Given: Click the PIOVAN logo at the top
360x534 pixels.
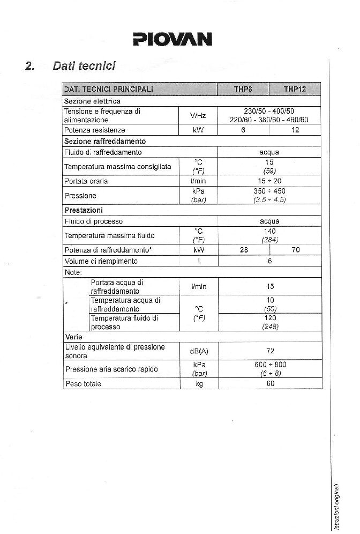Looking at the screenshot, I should click(172, 39).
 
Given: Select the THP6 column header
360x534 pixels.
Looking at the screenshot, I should click(243, 89).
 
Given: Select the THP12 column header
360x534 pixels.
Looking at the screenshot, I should click(295, 89).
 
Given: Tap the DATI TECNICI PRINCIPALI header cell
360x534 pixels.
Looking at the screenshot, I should click(108, 89).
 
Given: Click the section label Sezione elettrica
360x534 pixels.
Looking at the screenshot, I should click(92, 101).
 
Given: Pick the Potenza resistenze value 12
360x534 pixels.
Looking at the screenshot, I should click(295, 130).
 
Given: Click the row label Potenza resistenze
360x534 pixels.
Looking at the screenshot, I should click(94, 130).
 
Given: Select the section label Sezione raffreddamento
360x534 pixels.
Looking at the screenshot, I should click(104, 142).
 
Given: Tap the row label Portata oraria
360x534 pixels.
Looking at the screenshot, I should click(86, 181).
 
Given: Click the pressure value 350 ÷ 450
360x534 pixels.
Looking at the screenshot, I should click(269, 191).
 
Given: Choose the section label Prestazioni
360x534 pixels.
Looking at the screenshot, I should click(84, 210).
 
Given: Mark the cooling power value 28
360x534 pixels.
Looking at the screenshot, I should click(244, 250).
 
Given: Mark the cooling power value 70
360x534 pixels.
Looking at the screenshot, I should click(295, 250).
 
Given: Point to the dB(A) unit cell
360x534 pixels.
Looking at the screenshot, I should click(198, 352).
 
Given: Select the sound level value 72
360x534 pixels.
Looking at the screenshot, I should click(270, 351).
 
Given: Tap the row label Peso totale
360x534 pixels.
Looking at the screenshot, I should click(82, 384).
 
